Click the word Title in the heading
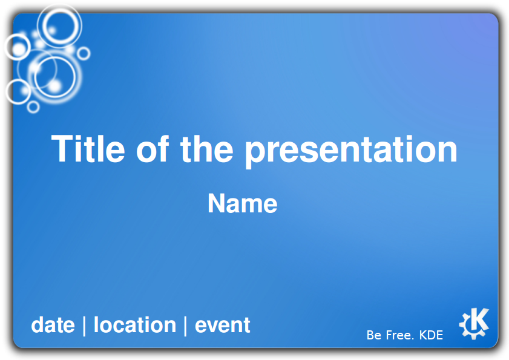click(x=88, y=149)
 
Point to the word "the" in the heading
click(x=207, y=149)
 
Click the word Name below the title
click(x=243, y=203)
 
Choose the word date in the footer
click(x=53, y=325)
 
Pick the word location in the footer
click(x=135, y=325)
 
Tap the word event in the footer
click(x=222, y=326)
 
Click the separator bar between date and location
click(x=84, y=326)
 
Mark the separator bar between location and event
click(x=185, y=326)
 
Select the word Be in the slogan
click(x=374, y=335)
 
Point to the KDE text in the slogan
click(x=431, y=335)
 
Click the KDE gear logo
click(x=474, y=323)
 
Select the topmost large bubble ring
click(x=60, y=8)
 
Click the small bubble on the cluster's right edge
click(x=84, y=48)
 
